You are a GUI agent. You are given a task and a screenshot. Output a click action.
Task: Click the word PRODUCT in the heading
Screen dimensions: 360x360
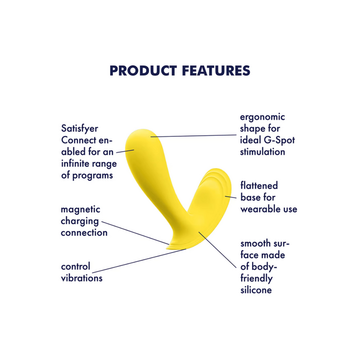[x=143, y=70]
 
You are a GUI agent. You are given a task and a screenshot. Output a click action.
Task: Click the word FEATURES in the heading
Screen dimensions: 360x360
[x=216, y=70]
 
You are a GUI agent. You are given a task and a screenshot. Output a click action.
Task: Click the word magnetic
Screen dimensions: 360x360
[x=80, y=210]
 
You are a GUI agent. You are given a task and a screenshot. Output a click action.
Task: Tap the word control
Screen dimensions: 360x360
[x=75, y=267]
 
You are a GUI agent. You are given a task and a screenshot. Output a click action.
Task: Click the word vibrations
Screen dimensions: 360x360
[x=81, y=278]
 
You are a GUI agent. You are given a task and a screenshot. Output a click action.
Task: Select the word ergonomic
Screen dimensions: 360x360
[x=262, y=117]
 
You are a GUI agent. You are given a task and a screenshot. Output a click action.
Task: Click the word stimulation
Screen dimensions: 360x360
[x=262, y=152]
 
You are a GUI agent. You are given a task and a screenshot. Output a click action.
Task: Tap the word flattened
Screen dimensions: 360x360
[x=259, y=186]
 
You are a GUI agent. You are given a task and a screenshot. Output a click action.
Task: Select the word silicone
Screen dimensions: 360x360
[x=256, y=290]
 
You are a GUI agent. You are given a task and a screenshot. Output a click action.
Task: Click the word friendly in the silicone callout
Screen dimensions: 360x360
[x=256, y=278]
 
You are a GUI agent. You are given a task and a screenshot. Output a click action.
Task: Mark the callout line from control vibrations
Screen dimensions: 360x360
[x=139, y=261]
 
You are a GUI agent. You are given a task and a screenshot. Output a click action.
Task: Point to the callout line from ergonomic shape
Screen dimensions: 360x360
[x=195, y=136]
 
